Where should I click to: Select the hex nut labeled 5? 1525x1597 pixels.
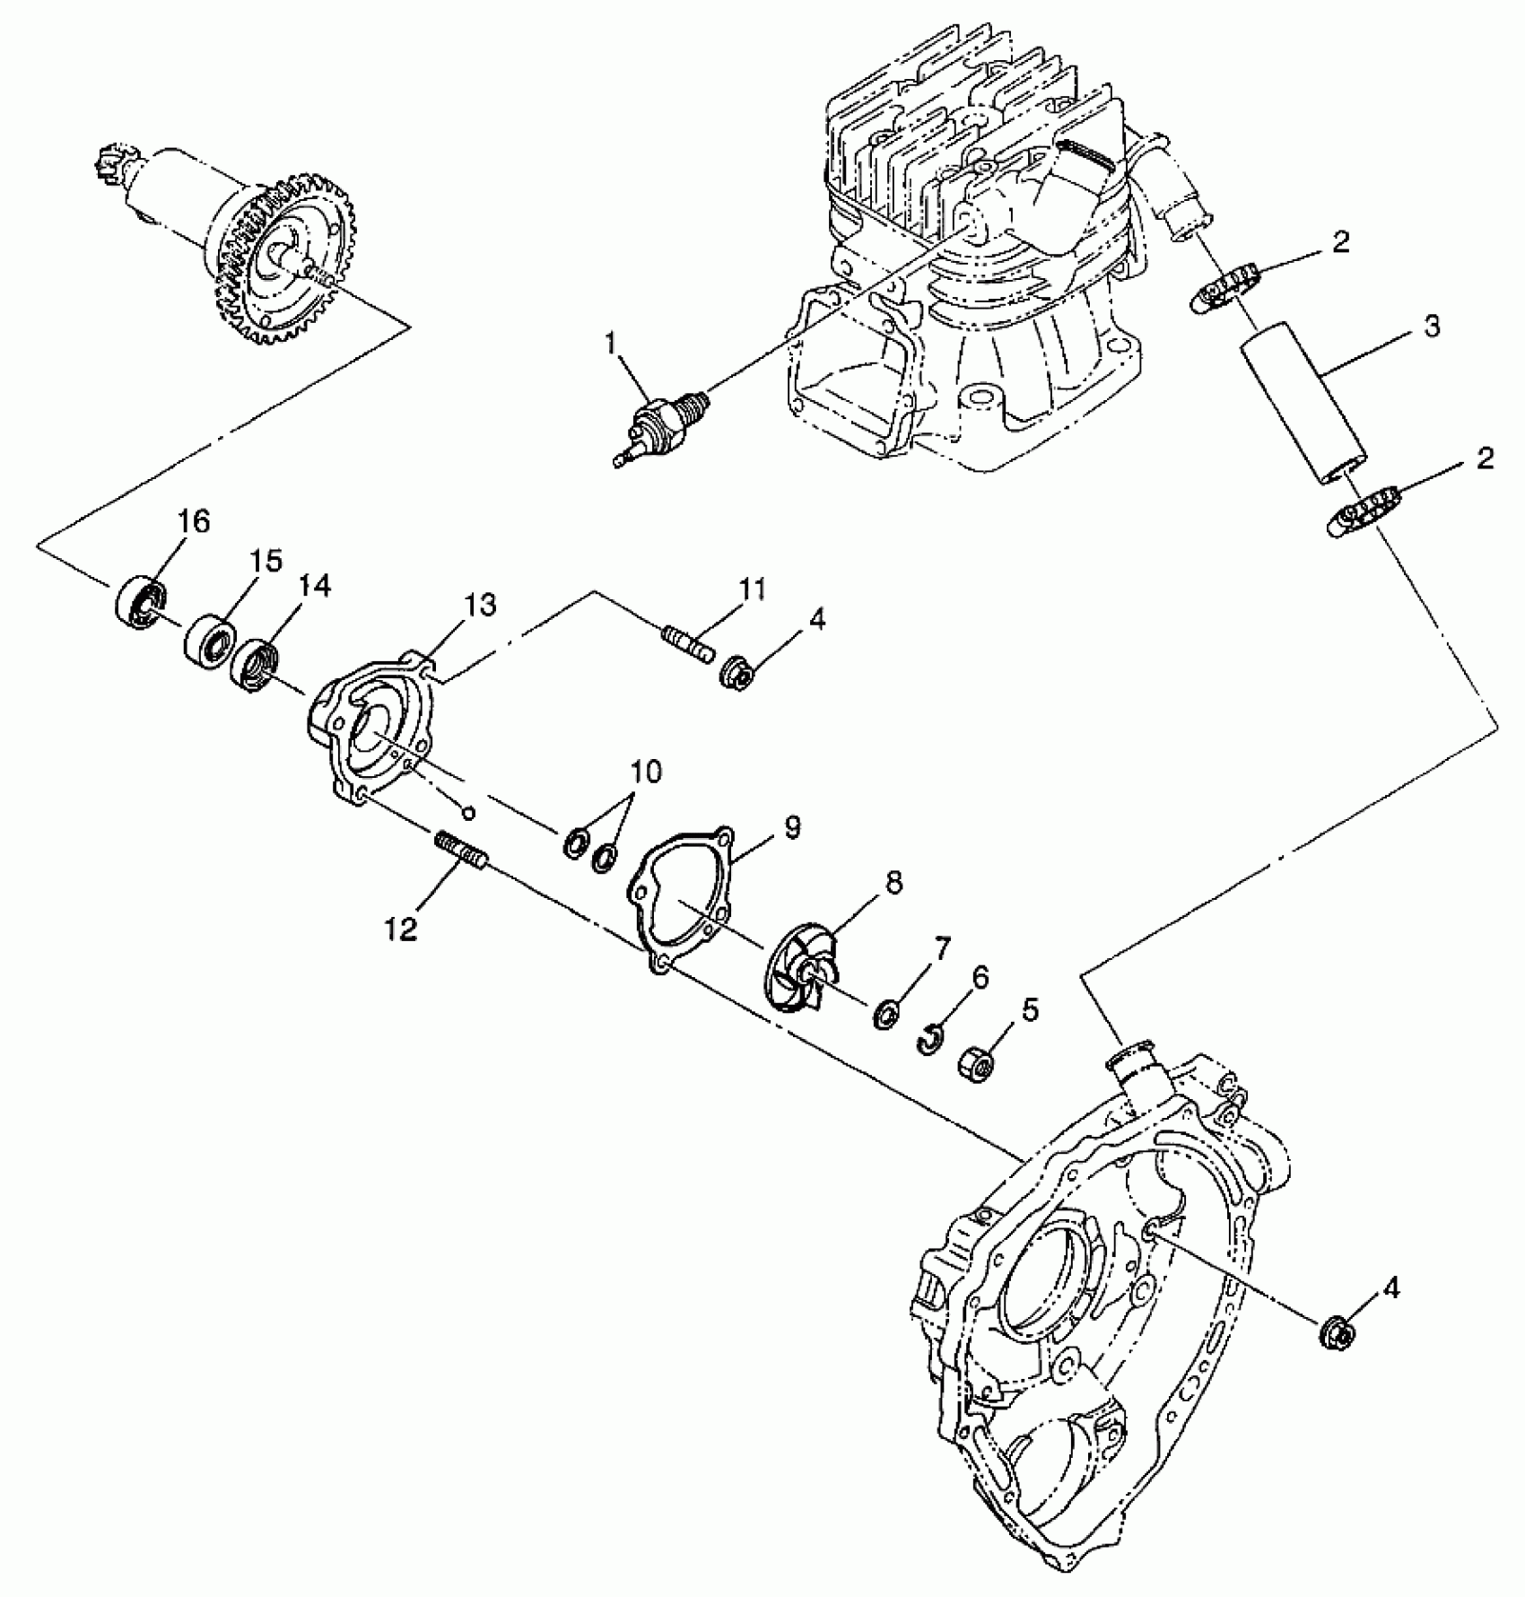pos(978,1065)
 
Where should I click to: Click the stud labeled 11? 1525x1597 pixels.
pos(689,643)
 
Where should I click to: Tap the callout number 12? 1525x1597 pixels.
pos(402,930)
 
